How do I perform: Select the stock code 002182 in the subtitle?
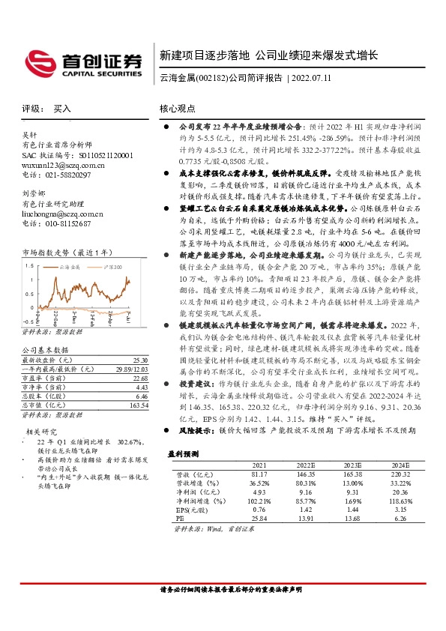point(211,78)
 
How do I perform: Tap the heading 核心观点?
point(178,109)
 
